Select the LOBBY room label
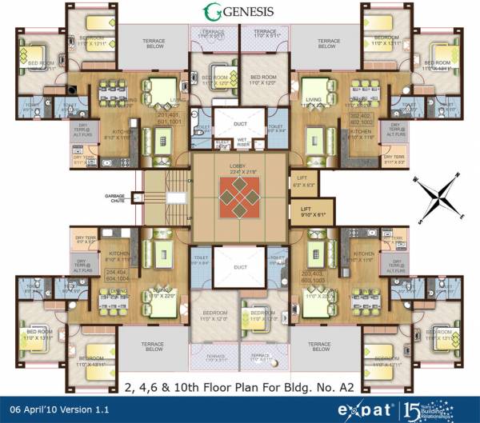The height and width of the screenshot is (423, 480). coord(238,166)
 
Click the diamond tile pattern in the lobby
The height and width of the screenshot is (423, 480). coord(238,195)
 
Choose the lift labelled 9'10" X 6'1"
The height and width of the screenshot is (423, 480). coord(308,214)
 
